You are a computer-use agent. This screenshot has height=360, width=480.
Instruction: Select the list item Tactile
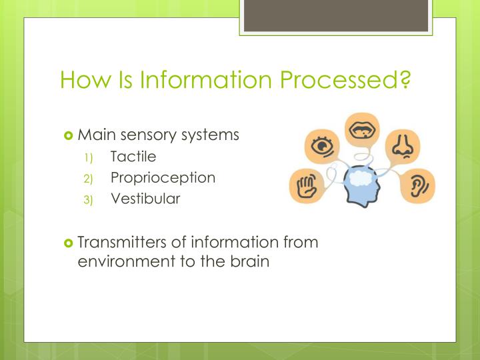pos(133,157)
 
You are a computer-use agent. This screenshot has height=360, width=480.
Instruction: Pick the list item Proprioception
pos(163,177)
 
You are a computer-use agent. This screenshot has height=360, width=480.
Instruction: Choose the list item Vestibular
pos(145,198)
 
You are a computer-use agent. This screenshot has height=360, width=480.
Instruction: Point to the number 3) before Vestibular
pos(89,199)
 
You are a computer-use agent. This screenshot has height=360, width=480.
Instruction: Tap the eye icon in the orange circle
pos(322,145)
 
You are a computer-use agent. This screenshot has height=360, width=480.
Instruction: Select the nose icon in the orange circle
pos(402,146)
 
